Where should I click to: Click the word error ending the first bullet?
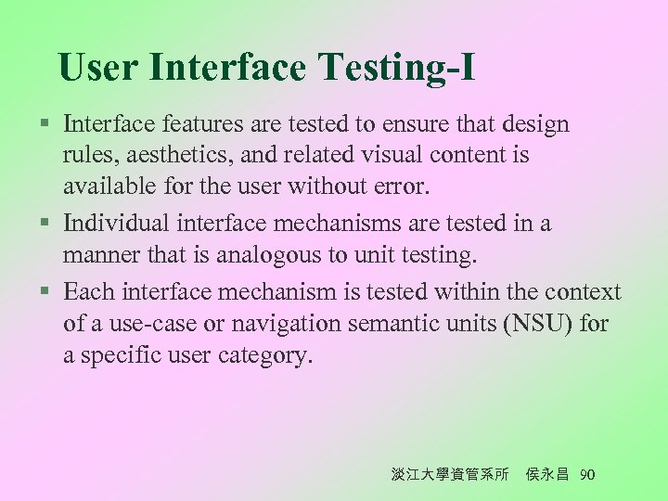pos(399,186)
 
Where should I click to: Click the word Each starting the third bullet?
pos(89,291)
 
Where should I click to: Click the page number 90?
pos(586,475)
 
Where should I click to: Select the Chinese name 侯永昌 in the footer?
pos(548,475)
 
